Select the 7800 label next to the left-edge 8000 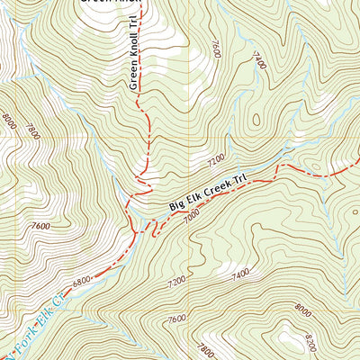click(32, 131)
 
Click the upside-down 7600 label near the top click(216, 48)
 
